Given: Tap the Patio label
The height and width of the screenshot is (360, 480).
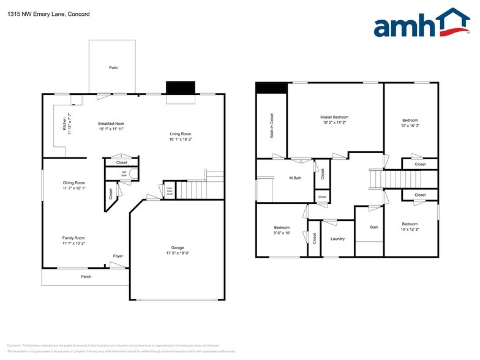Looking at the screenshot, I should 113,68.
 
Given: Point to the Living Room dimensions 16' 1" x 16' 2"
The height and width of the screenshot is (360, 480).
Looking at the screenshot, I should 180,139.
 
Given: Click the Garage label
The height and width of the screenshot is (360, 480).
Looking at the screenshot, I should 178,248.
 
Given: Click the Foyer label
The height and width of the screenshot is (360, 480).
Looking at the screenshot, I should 118,256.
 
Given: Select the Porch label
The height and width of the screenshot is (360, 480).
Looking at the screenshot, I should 86,277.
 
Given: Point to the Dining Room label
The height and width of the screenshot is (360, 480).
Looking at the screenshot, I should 73,182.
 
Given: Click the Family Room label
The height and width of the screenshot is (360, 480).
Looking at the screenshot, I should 73,238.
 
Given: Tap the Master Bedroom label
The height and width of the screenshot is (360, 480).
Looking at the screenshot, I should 334,117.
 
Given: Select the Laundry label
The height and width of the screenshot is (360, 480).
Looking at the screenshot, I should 338,239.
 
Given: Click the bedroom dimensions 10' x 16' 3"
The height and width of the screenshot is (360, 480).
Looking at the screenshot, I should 410,125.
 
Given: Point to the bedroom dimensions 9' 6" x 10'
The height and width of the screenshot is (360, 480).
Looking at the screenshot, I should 282,233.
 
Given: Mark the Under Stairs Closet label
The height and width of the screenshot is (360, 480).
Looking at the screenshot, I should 168,192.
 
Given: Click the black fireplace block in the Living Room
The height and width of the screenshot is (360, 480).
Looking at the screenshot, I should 181,88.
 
